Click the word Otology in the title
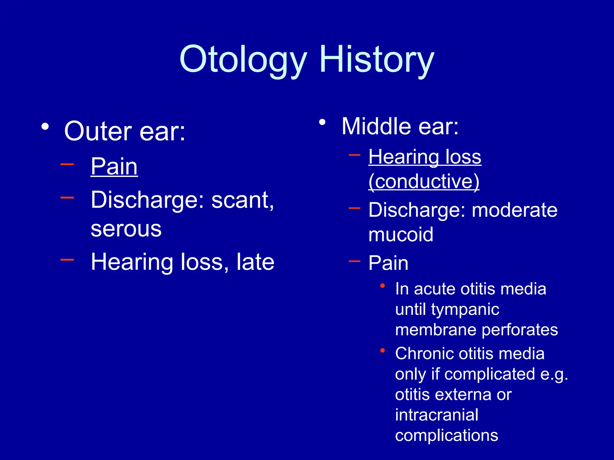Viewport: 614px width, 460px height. (x=243, y=60)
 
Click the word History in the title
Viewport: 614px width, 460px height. (x=377, y=60)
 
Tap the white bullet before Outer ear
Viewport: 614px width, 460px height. (x=45, y=127)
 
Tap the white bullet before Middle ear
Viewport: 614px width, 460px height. (x=322, y=122)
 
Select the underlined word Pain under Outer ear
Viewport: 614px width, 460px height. (x=114, y=167)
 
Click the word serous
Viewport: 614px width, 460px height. (x=126, y=229)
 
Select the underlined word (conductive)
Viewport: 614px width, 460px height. (x=424, y=181)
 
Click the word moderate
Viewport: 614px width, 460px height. (x=514, y=210)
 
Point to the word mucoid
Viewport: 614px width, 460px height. (x=401, y=234)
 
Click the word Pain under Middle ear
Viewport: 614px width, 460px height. (x=388, y=263)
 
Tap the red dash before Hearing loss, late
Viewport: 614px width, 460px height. (x=67, y=260)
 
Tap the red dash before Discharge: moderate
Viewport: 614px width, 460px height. (x=354, y=208)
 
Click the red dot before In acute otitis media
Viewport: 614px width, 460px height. (x=383, y=286)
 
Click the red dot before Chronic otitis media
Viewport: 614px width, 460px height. (x=383, y=350)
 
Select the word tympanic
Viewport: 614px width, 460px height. (x=465, y=310)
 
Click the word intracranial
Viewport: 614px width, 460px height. (x=437, y=415)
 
